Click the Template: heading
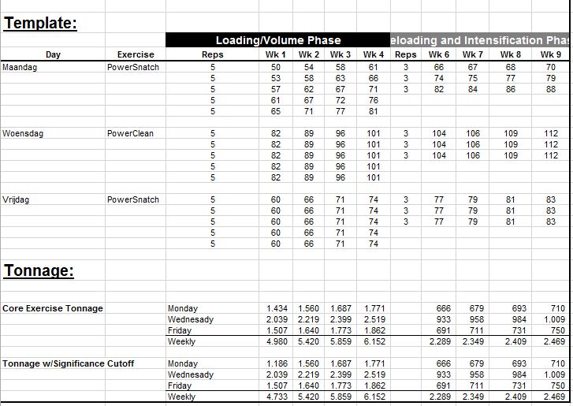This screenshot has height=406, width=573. click(40, 22)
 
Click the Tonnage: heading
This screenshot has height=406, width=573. click(39, 270)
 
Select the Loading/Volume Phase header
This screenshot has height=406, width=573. click(278, 40)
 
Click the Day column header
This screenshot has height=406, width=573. click(53, 54)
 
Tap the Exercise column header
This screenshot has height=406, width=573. click(136, 54)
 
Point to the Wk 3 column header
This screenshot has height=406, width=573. click(340, 54)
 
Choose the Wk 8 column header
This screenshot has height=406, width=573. click(511, 54)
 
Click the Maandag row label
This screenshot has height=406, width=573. click(20, 67)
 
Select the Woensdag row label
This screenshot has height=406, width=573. click(23, 133)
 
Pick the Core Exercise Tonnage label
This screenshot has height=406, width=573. click(53, 308)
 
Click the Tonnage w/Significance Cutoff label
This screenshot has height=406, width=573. click(68, 363)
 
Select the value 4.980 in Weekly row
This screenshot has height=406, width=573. click(277, 341)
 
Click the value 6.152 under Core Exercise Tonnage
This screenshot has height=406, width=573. click(374, 341)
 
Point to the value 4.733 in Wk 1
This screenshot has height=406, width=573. click(277, 397)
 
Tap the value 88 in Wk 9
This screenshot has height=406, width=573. click(550, 89)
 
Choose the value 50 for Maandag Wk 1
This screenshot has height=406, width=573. click(276, 67)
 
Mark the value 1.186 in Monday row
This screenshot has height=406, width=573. click(277, 363)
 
